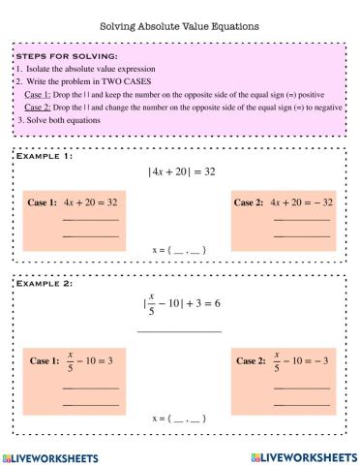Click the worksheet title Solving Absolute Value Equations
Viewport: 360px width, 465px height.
click(180, 27)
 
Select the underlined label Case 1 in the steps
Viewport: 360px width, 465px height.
click(36, 96)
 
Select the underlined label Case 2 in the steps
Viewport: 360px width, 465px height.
click(36, 108)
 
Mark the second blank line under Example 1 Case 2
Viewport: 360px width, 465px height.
click(301, 236)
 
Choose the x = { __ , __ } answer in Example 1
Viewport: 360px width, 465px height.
click(180, 251)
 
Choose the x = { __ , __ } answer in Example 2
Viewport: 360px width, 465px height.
click(180, 418)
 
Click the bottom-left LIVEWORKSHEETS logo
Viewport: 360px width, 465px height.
click(55, 455)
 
